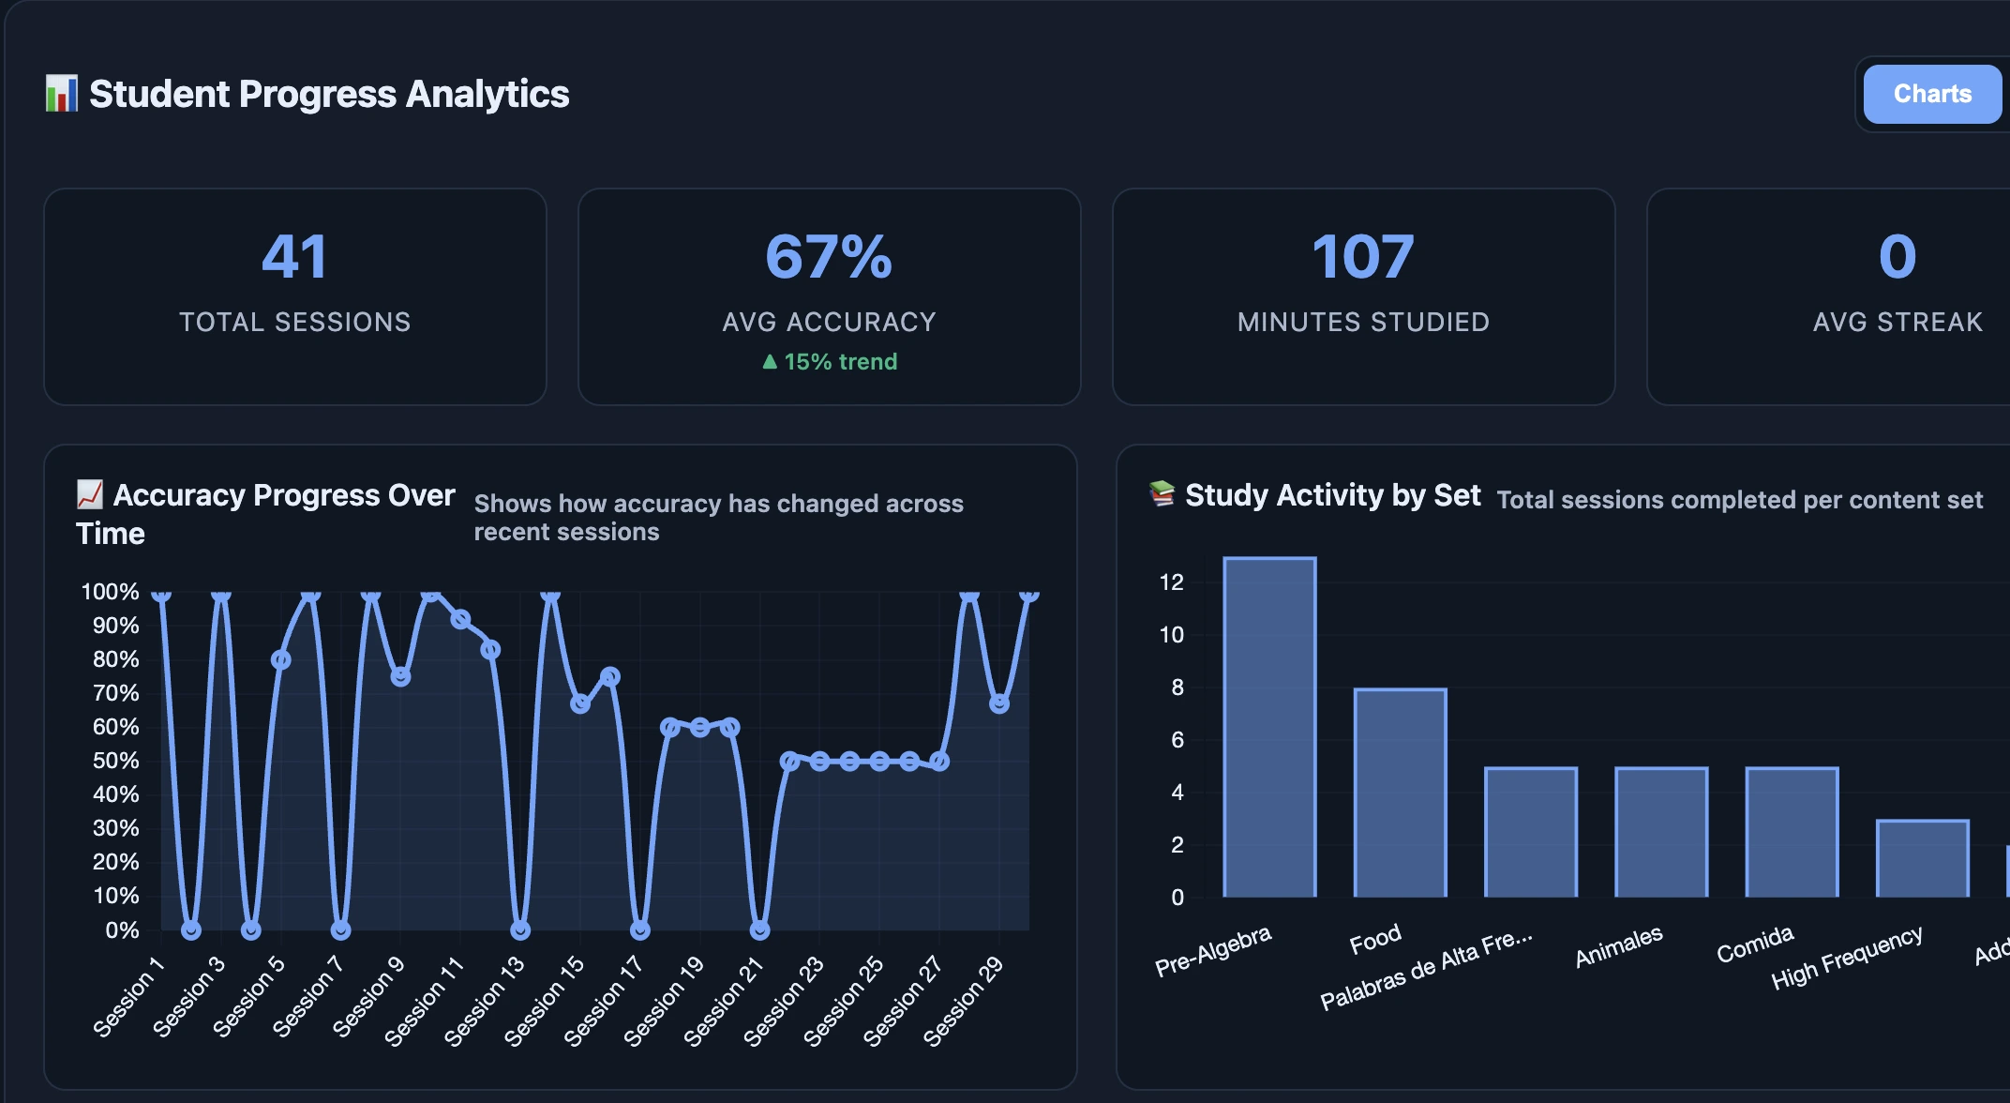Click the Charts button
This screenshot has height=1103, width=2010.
click(1931, 94)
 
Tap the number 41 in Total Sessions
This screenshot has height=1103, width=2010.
click(294, 257)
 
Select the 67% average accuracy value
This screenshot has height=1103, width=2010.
click(829, 257)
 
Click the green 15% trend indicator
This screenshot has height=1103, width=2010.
click(830, 362)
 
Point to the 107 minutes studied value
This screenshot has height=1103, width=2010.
click(1362, 257)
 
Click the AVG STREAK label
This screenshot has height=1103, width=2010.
click(1897, 322)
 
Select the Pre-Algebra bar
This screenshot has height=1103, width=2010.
click(1269, 727)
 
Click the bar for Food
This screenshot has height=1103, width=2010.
click(1400, 793)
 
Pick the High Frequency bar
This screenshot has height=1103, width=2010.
click(1922, 858)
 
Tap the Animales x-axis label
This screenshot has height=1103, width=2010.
click(1618, 946)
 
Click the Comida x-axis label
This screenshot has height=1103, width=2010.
click(1754, 944)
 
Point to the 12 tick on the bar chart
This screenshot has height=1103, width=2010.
click(1171, 582)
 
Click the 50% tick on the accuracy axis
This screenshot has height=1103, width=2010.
click(115, 761)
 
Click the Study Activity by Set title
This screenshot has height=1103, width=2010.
click(1331, 495)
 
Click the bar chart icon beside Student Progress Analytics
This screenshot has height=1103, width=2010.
click(62, 94)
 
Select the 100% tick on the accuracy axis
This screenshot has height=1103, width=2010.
click(110, 592)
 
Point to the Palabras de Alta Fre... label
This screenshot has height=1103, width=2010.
click(1426, 970)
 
